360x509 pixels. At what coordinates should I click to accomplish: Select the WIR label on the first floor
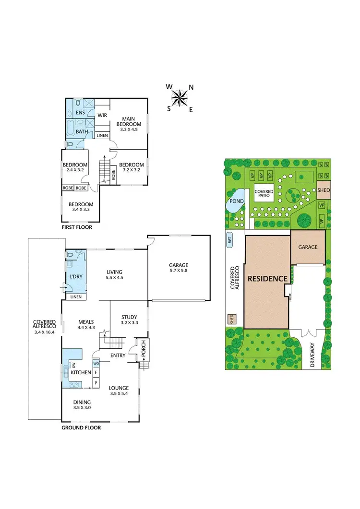click(102, 115)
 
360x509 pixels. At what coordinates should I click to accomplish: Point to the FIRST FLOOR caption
click(76, 227)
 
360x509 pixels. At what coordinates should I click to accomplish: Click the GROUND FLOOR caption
click(81, 427)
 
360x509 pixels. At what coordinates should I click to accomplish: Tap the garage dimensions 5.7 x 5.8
click(178, 272)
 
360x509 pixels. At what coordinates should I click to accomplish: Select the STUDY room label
click(129, 317)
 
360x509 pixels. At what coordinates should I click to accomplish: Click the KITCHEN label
click(81, 372)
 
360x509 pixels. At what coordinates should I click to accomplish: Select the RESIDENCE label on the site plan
click(267, 279)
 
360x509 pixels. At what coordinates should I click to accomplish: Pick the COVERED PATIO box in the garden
click(264, 194)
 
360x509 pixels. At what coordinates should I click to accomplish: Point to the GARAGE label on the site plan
click(308, 247)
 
